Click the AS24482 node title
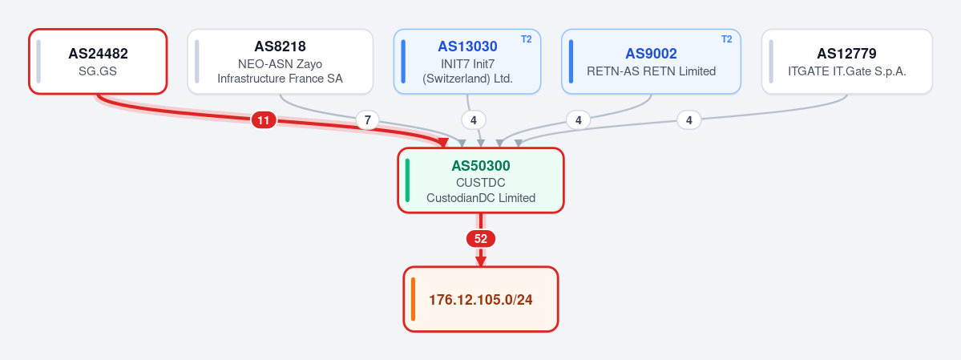[x=98, y=54]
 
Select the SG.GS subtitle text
[x=98, y=71]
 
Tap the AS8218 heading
[x=280, y=47]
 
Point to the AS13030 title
[x=467, y=47]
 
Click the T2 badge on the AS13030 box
[x=527, y=39]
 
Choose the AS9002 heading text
[x=651, y=54]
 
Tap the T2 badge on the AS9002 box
[x=726, y=39]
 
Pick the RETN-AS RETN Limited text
[x=651, y=71]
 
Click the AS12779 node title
[x=846, y=54]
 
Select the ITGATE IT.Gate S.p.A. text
[x=846, y=71]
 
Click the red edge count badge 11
[x=264, y=120]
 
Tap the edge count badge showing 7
[x=367, y=120]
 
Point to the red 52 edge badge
[x=481, y=239]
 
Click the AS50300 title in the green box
[x=481, y=166]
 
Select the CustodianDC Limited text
[x=481, y=198]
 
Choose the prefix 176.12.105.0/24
[x=481, y=300]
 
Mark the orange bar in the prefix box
[x=413, y=299]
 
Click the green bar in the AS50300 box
[x=408, y=180]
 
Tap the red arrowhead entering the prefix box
[x=481, y=261]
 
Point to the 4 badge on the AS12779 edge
[x=688, y=120]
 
